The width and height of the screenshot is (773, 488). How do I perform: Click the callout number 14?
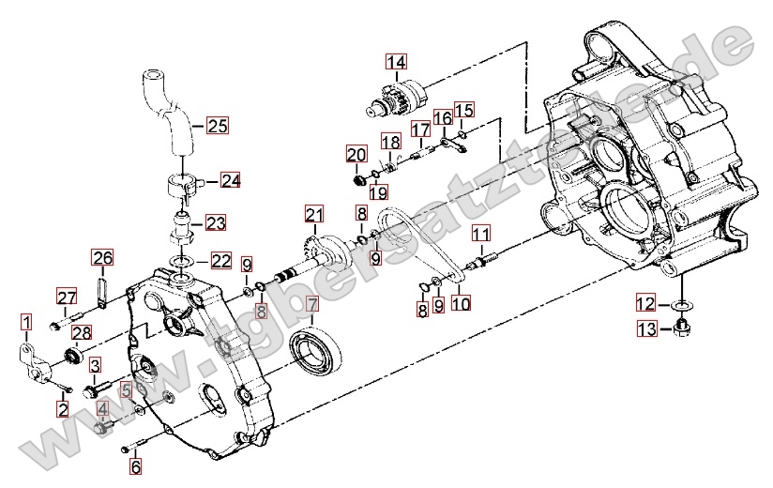(x=397, y=62)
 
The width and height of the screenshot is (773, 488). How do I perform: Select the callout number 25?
(x=218, y=126)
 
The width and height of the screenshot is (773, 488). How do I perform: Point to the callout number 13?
(x=648, y=328)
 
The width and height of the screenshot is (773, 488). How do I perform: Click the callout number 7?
(x=312, y=305)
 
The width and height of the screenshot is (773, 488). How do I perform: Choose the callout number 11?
(x=481, y=233)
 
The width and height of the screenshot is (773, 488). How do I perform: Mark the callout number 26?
(x=102, y=258)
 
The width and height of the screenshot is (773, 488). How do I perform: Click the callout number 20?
(x=356, y=155)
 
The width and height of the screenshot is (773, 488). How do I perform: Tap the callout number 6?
(x=135, y=465)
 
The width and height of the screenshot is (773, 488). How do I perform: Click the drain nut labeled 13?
(x=682, y=327)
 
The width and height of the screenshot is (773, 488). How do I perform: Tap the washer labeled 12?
(x=682, y=306)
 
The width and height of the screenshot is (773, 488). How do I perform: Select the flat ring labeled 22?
(x=182, y=260)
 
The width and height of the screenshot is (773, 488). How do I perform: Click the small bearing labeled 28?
(x=75, y=354)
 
